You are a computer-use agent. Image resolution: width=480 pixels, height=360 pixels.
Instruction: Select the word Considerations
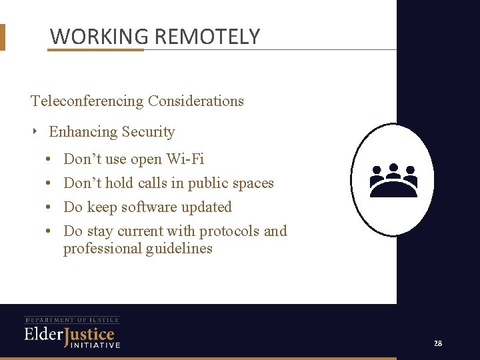(x=196, y=101)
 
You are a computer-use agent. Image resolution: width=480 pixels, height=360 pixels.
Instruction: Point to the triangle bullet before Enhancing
(x=35, y=131)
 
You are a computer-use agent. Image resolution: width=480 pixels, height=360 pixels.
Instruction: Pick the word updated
(x=208, y=207)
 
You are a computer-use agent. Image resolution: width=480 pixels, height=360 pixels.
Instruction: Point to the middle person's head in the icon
(x=393, y=167)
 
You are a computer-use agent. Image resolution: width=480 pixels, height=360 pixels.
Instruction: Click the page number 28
(x=438, y=343)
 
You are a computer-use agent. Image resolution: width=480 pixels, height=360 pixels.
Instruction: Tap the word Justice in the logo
(x=89, y=334)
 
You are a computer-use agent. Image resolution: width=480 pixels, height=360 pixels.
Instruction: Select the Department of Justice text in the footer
(x=72, y=320)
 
